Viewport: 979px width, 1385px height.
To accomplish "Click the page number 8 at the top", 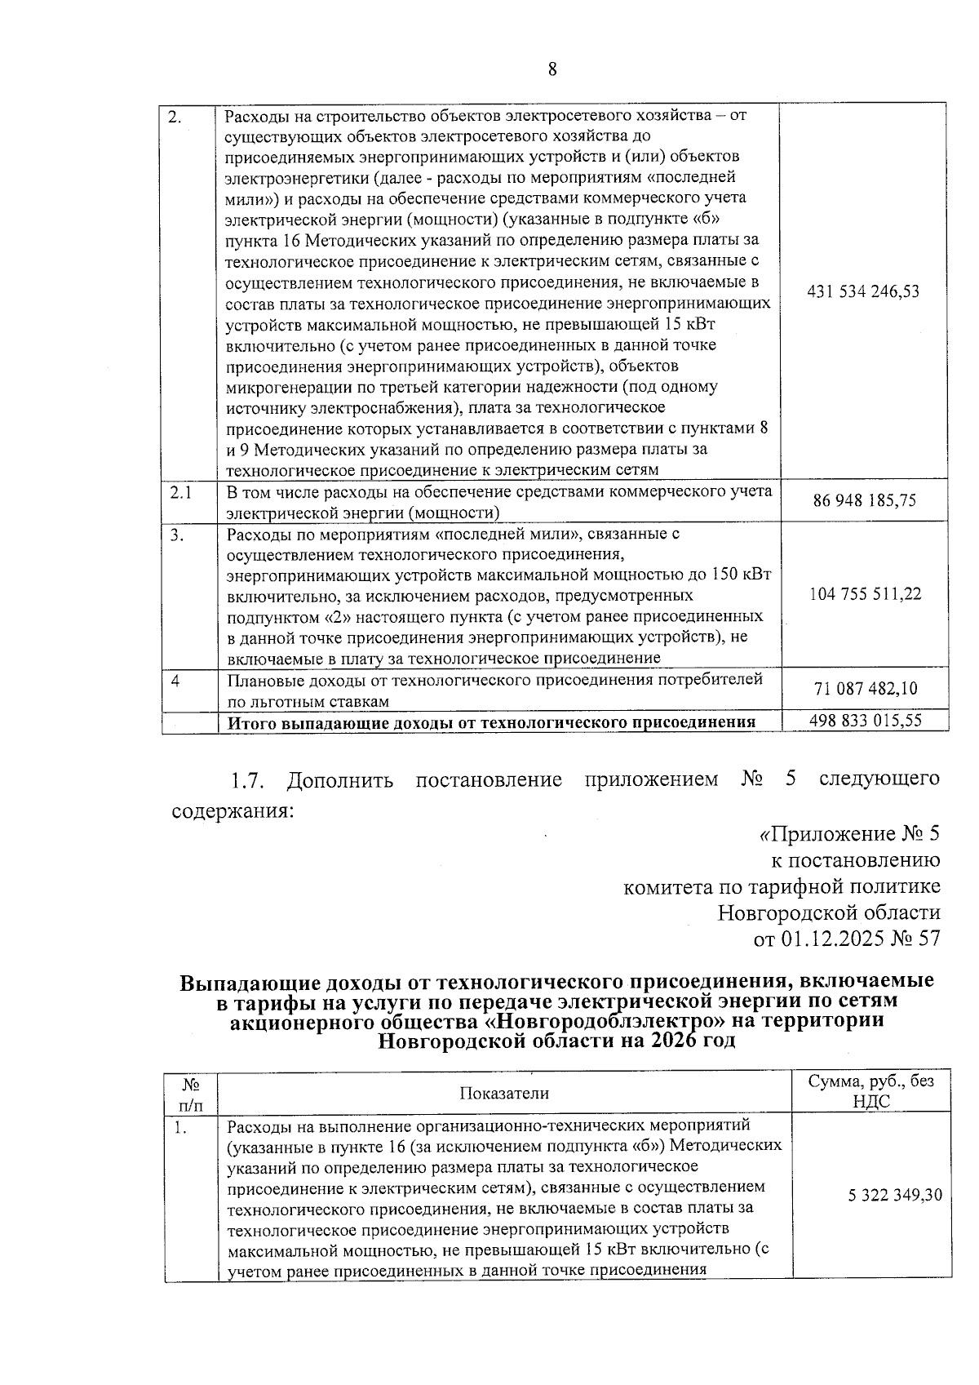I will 552,69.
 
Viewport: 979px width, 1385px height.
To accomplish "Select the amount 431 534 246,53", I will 862,291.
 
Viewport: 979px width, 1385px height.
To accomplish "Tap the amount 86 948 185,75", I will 865,500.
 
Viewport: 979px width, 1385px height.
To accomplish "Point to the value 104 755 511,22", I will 865,594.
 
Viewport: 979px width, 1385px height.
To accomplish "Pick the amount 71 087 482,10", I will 865,689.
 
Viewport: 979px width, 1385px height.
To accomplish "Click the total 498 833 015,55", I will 865,721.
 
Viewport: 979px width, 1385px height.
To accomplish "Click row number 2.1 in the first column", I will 180,492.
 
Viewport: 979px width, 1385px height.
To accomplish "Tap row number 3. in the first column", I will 177,535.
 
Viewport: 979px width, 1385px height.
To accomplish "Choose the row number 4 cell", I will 175,680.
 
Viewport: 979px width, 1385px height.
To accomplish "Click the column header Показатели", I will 504,1094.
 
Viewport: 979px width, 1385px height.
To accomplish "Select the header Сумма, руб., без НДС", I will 870,1091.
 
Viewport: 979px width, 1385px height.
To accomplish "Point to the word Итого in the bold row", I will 250,722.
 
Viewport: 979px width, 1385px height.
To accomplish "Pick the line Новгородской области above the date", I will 829,912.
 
